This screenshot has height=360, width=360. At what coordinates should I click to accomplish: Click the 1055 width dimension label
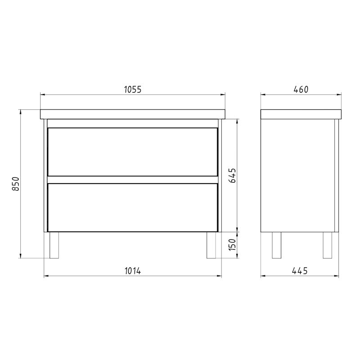pyautogui.click(x=133, y=89)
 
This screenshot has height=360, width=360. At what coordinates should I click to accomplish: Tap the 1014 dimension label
pyautogui.click(x=133, y=271)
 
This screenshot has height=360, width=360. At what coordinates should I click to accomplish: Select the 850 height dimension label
pyautogui.click(x=15, y=184)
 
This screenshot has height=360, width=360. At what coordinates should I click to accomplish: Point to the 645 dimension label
pyautogui.click(x=232, y=175)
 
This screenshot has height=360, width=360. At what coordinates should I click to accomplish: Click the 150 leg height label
pyautogui.click(x=232, y=245)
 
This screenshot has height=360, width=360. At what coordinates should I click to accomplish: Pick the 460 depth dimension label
pyautogui.click(x=301, y=89)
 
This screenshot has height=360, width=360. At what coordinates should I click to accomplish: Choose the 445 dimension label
pyautogui.click(x=300, y=271)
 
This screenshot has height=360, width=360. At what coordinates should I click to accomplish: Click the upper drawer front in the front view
pyautogui.click(x=133, y=152)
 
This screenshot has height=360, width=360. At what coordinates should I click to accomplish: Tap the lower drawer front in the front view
pyautogui.click(x=133, y=207)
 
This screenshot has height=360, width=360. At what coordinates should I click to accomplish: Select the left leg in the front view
pyautogui.click(x=54, y=245)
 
